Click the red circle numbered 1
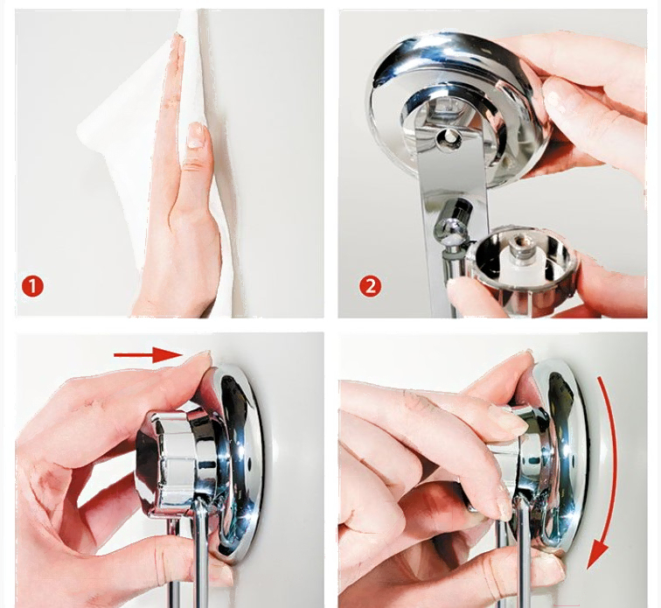(32, 286)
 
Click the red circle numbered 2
(370, 286)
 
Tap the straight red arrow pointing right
(147, 354)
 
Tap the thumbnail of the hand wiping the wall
(195, 135)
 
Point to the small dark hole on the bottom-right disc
(572, 458)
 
